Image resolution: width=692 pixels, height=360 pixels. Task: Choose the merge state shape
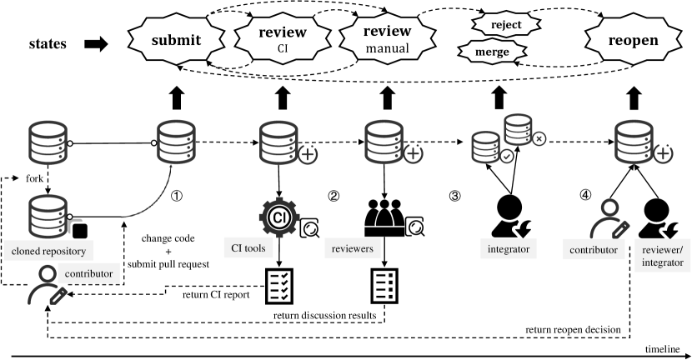click(494, 52)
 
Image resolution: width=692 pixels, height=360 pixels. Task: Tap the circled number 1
click(177, 197)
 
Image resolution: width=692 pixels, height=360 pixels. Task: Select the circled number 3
click(454, 197)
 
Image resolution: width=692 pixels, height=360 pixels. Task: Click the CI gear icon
click(278, 218)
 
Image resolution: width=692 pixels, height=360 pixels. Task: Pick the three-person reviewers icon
click(385, 219)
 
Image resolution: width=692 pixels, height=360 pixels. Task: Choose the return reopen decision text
click(574, 330)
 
